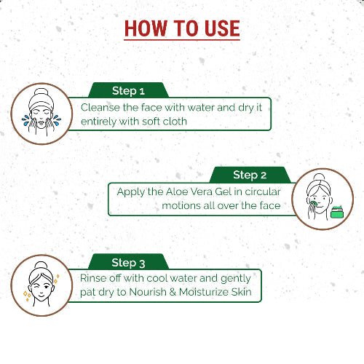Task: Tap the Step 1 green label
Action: coord(128,91)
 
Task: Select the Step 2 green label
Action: coord(250,175)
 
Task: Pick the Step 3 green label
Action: coord(128,262)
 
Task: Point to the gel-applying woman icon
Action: coord(322,199)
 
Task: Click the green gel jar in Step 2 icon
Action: coord(336,213)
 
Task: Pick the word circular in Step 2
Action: coord(260,191)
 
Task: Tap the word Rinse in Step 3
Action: coord(96,278)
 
